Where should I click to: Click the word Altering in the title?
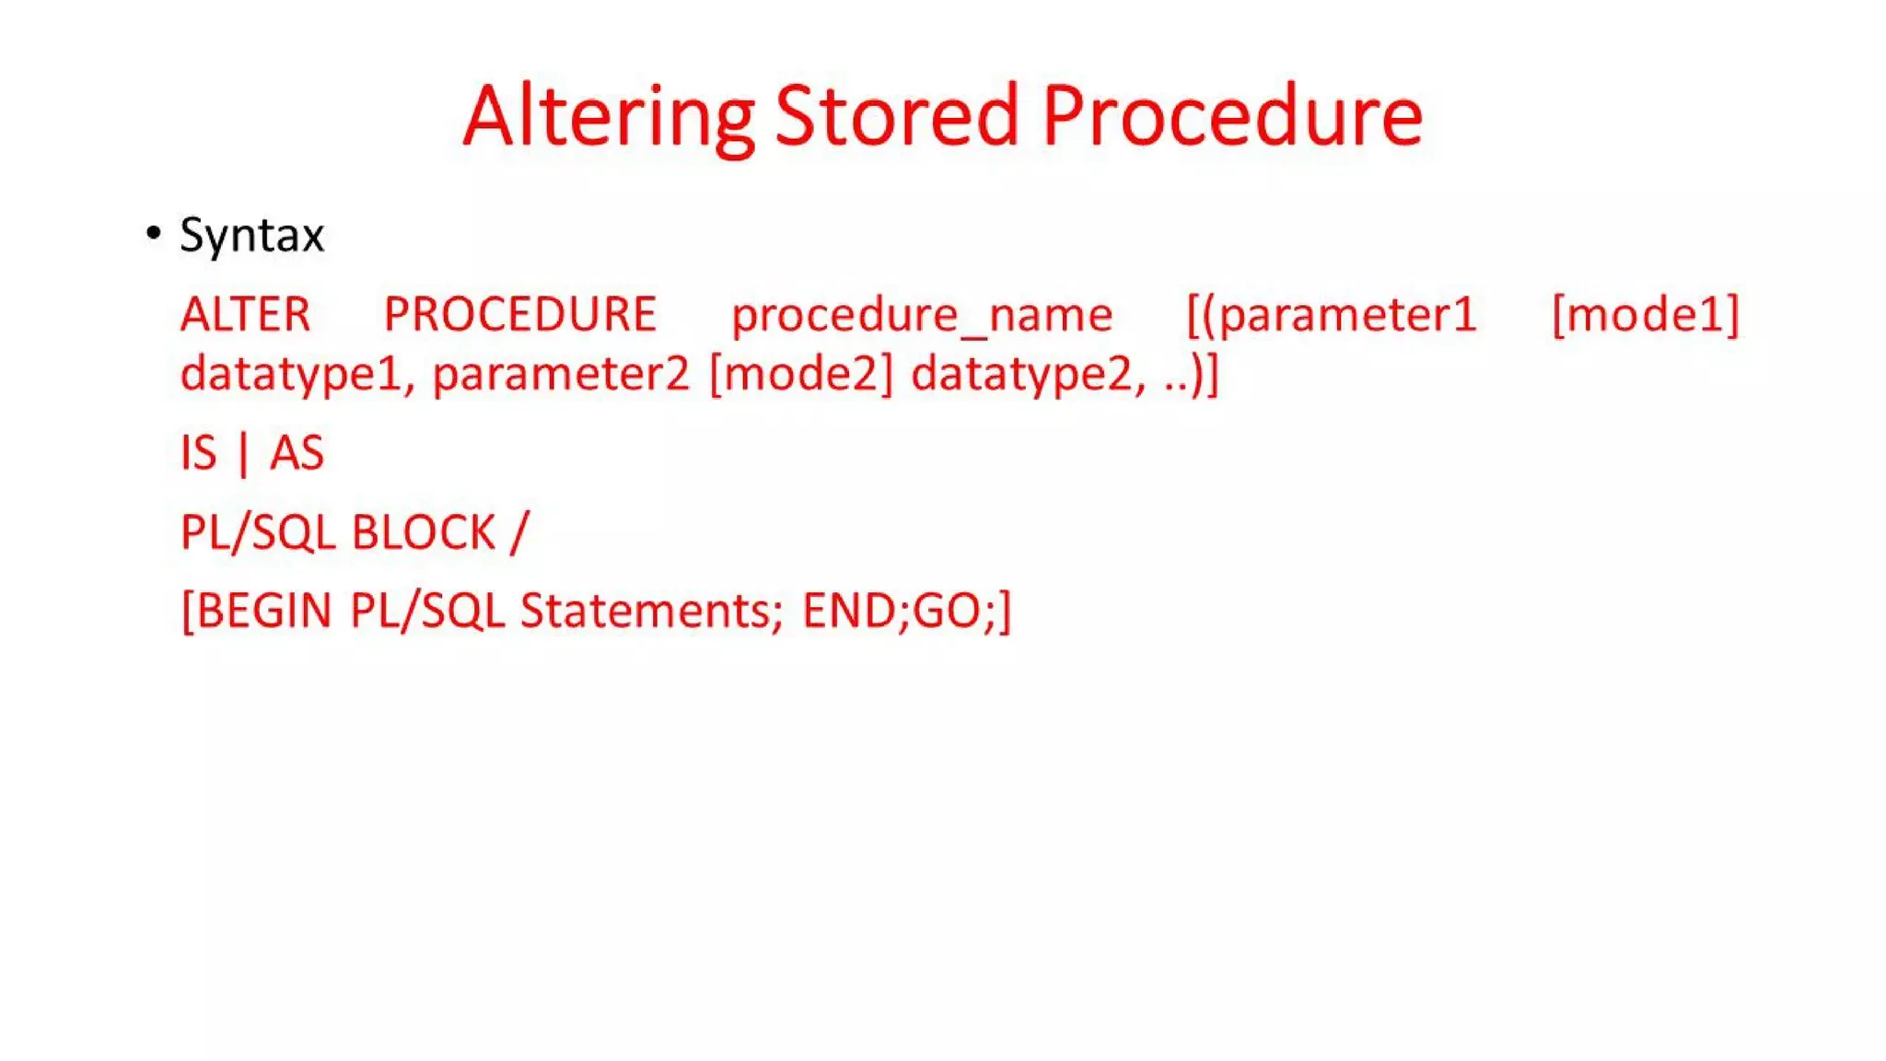608,117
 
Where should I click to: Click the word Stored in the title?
896,117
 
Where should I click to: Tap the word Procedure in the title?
1232,117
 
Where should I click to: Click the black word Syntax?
251,235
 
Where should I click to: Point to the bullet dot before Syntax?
154,233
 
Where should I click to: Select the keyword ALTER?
245,315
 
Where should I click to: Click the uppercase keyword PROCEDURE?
519,315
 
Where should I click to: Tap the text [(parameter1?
1332,316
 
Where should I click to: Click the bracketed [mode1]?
1645,316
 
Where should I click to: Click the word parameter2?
561,375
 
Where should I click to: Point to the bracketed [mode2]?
801,375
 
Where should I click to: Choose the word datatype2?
1029,375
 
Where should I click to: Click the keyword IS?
199,454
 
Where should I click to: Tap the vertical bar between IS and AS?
243,454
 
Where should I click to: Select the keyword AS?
297,454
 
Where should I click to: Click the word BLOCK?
424,533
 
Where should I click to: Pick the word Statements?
651,612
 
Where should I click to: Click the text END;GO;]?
906,612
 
